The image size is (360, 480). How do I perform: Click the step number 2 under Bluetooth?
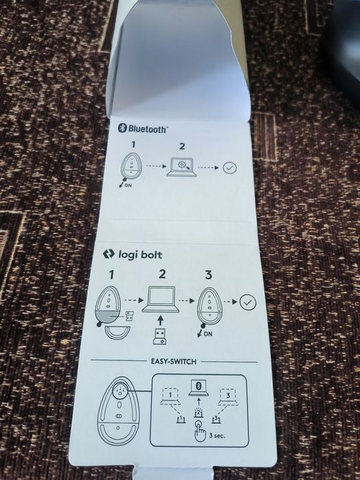point(182,146)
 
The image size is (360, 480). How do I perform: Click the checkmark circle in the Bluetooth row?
point(230,167)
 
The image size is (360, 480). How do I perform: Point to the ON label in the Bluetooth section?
point(128,186)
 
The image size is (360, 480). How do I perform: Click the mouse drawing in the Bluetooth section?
point(129,165)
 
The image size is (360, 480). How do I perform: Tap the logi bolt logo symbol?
point(108,254)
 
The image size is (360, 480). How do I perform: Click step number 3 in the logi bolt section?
point(208,275)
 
